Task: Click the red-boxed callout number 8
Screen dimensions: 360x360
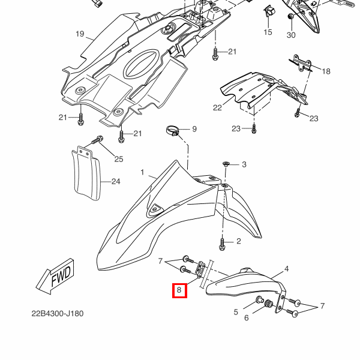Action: pos(179,290)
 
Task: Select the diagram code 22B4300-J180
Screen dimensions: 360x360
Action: pos(58,313)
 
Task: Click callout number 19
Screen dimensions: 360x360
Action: pos(80,34)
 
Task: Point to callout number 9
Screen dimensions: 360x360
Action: pos(194,129)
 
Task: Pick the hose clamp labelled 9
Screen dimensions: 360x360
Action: pos(172,130)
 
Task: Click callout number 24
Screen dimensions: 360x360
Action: pos(116,182)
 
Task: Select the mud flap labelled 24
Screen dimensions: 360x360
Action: pos(86,173)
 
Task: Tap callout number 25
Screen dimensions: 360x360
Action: pos(119,159)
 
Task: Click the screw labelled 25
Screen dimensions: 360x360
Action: pos(97,140)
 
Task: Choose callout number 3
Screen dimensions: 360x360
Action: pos(244,164)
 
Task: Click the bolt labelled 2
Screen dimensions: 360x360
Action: pos(222,244)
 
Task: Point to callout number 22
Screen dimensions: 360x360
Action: pos(217,107)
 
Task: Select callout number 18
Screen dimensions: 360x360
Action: pos(326,71)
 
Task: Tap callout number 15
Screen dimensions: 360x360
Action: pos(268,32)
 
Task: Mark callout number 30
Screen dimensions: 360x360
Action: pos(291,35)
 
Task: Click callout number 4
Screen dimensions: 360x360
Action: pos(287,269)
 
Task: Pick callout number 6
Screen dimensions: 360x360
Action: pos(247,318)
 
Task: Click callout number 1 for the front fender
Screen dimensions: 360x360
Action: pos(142,172)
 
